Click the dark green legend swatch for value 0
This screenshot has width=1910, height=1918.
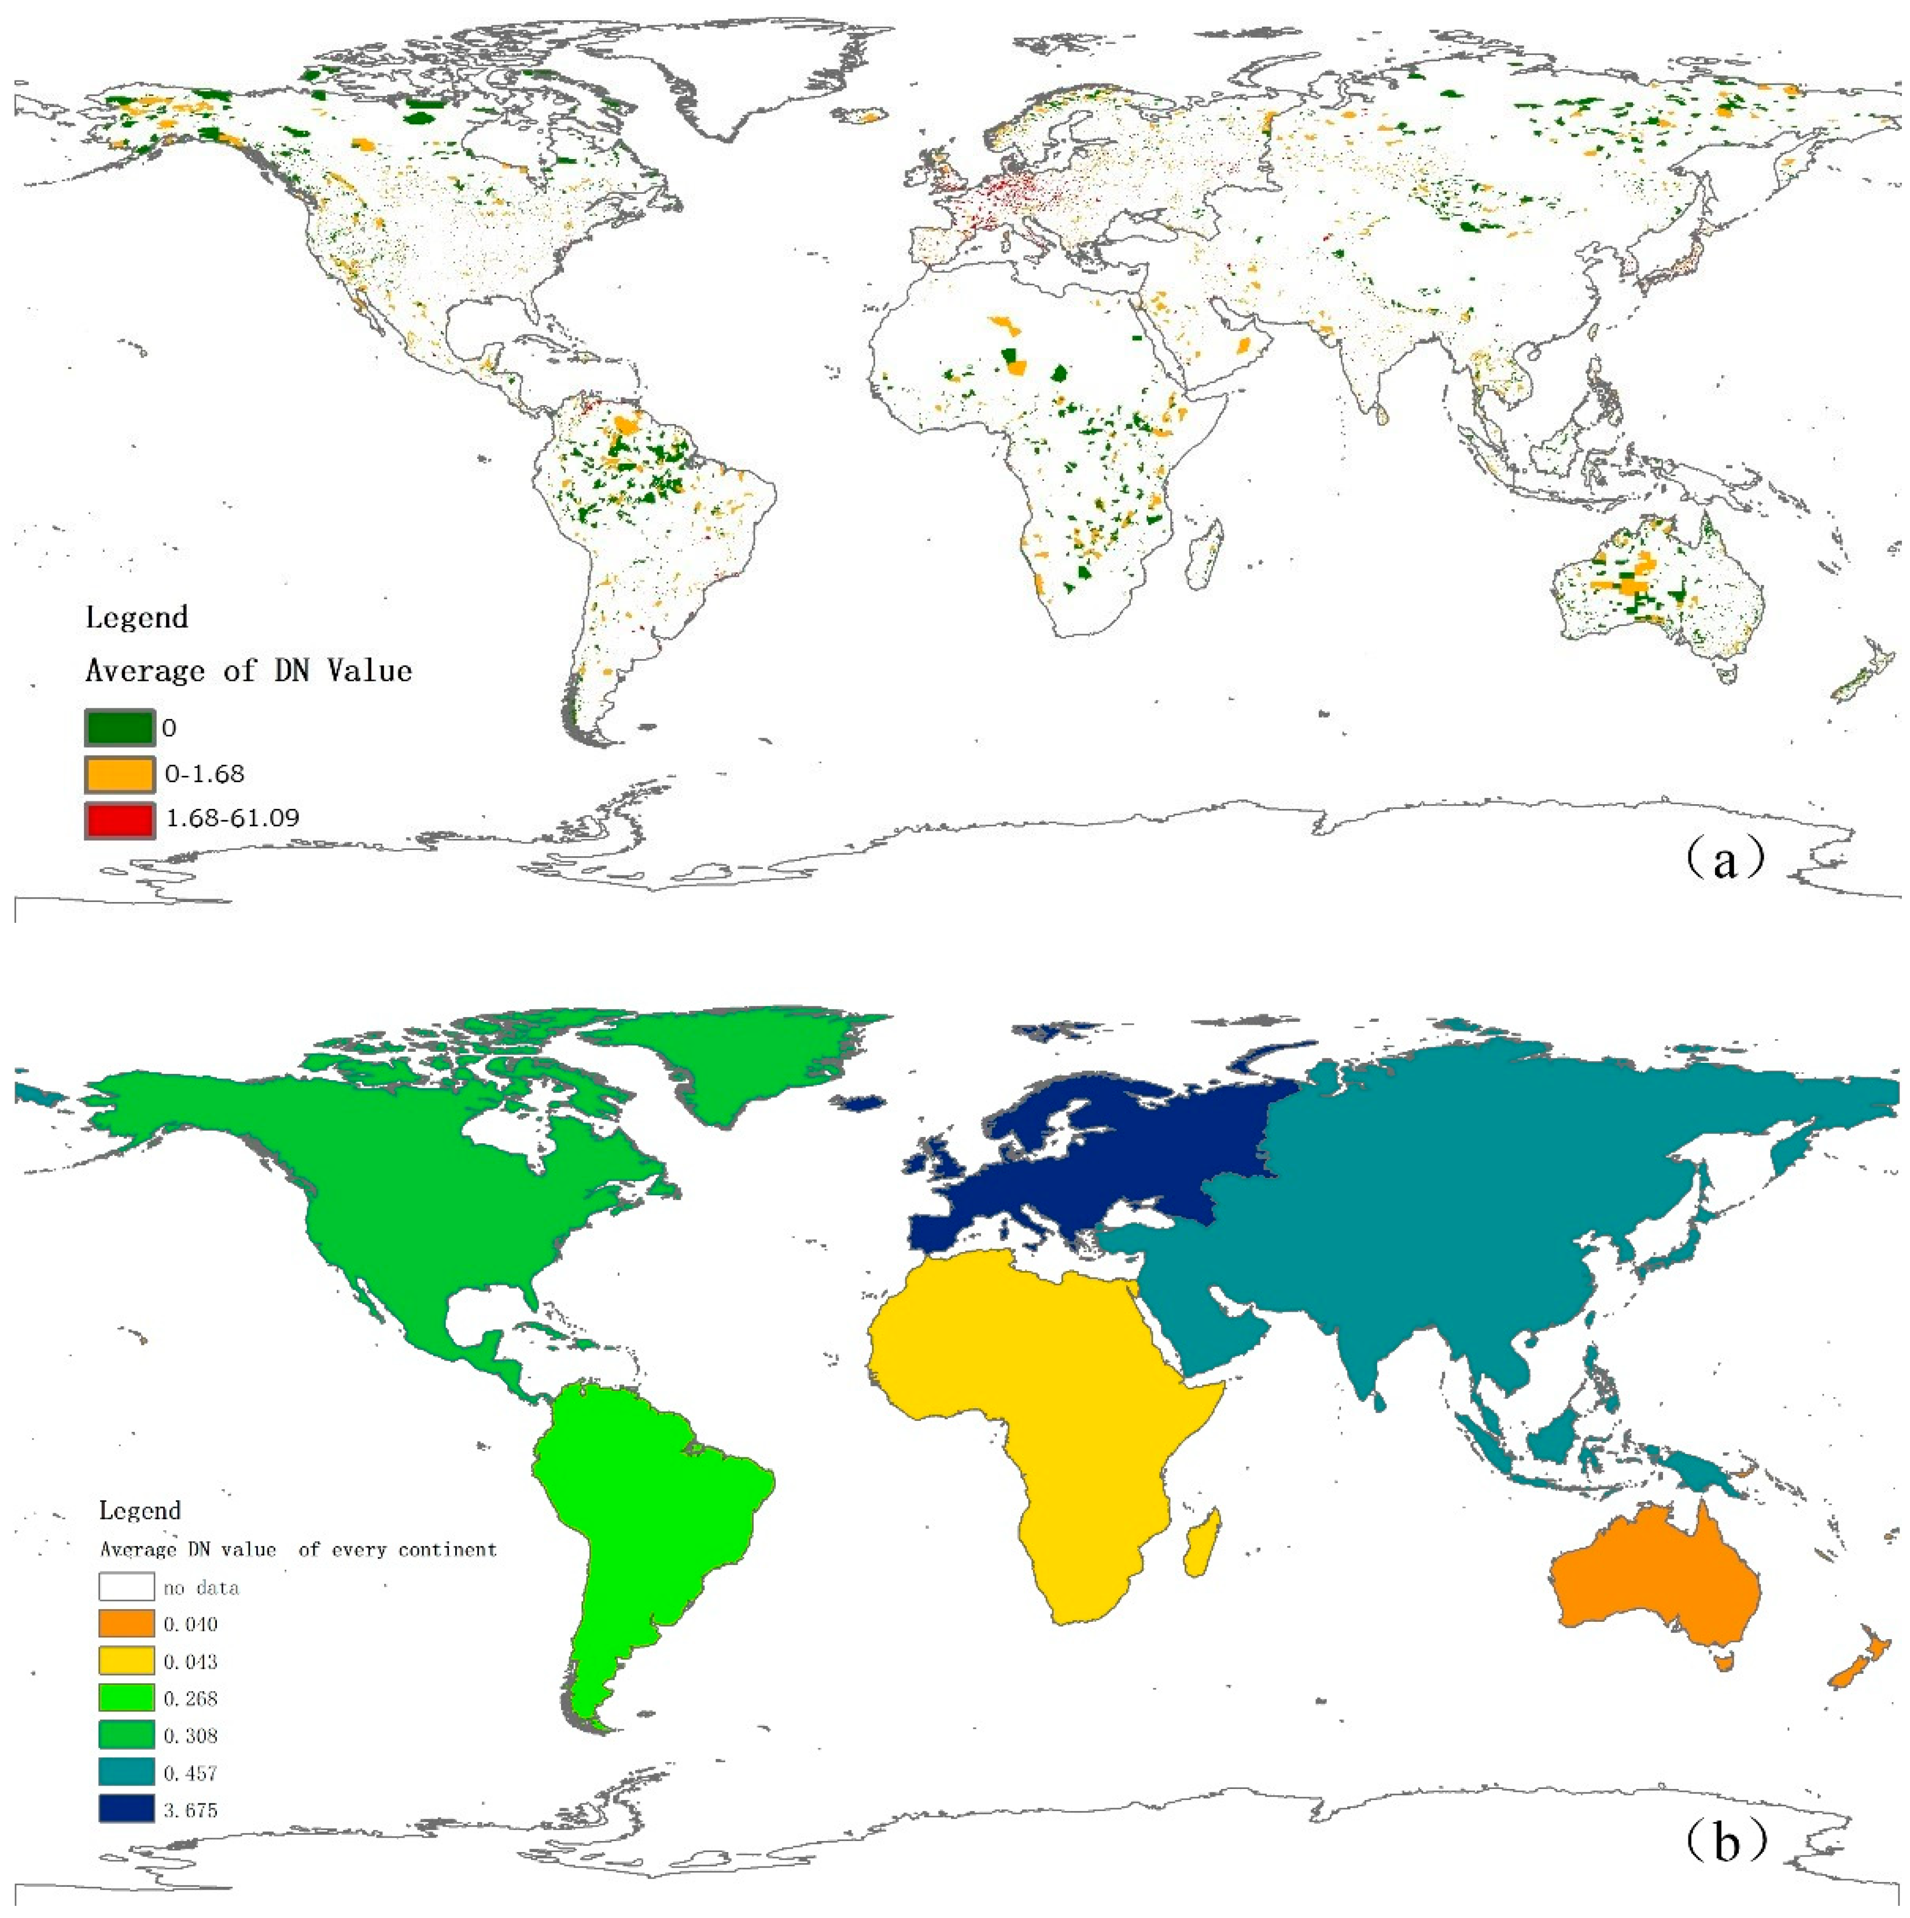tap(119, 728)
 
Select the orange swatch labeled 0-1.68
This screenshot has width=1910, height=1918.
tap(119, 774)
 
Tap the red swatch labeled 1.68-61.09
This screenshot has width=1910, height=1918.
tap(119, 820)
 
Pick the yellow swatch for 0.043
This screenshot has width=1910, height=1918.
tap(126, 1662)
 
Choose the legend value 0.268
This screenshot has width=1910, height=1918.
tap(191, 1699)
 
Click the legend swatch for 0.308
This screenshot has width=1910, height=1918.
tap(126, 1735)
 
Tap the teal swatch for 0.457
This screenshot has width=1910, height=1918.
tap(126, 1773)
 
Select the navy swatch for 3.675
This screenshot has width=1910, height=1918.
tap(126, 1810)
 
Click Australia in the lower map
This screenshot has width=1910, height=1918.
tap(1653, 1588)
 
